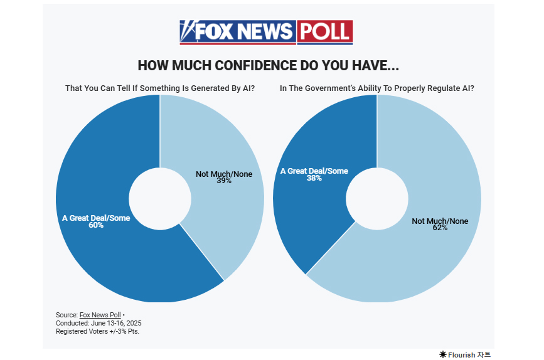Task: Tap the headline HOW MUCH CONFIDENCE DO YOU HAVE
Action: [x=269, y=66]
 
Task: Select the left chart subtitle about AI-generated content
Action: [x=160, y=88]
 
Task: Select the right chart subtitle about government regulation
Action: [x=376, y=88]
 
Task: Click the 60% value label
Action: [x=96, y=225]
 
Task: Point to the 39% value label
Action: [x=224, y=181]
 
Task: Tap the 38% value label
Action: [x=314, y=178]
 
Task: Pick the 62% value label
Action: [x=440, y=228]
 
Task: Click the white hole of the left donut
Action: [x=160, y=198]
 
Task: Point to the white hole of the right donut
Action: [x=376, y=198]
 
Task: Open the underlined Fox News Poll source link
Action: [x=100, y=315]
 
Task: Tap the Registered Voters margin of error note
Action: [x=97, y=331]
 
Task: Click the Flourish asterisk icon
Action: [x=442, y=354]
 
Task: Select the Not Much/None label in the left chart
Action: [x=224, y=174]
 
